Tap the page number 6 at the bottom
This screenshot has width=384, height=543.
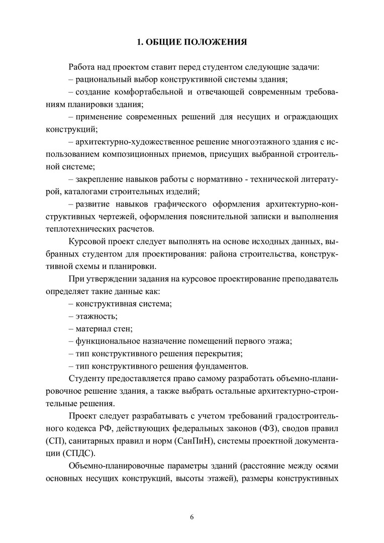(x=191, y=516)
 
